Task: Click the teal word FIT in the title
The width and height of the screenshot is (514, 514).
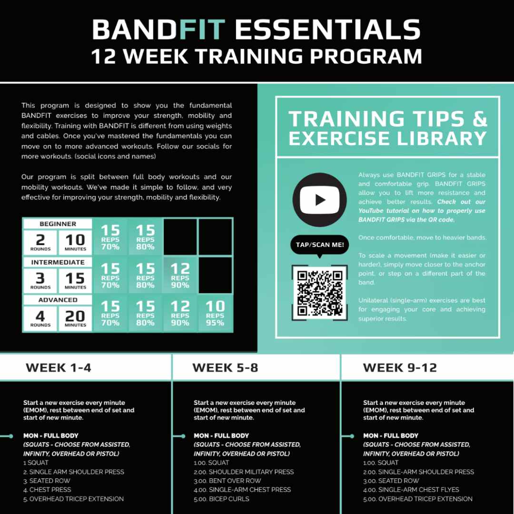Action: (x=202, y=30)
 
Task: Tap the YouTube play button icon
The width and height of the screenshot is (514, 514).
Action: (x=320, y=200)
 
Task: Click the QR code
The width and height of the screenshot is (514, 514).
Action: (x=320, y=293)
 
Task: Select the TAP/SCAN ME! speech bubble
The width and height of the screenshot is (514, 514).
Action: (x=320, y=245)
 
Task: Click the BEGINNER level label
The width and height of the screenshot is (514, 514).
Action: (x=58, y=224)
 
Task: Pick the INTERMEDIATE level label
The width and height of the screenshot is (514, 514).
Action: (x=58, y=262)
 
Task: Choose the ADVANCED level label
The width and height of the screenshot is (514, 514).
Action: (x=58, y=300)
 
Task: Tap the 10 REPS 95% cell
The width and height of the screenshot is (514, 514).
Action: (x=216, y=313)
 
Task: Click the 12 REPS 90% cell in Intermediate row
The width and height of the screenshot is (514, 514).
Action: (x=180, y=276)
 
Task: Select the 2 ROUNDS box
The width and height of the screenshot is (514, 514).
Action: (x=40, y=243)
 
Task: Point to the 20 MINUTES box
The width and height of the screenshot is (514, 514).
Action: (x=75, y=318)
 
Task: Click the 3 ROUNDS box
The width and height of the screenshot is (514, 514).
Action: (x=40, y=281)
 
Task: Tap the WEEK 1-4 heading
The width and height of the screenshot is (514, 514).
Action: (x=59, y=368)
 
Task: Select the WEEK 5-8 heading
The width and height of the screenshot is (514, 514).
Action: (x=225, y=368)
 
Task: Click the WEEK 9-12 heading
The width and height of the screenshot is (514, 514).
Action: (x=400, y=368)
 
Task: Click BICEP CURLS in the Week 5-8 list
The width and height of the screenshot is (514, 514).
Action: (x=229, y=499)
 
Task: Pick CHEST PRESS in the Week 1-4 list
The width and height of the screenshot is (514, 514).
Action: (x=50, y=490)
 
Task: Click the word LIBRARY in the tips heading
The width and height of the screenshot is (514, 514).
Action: (x=442, y=138)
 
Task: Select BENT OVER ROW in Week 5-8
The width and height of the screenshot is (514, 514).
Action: (x=235, y=481)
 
